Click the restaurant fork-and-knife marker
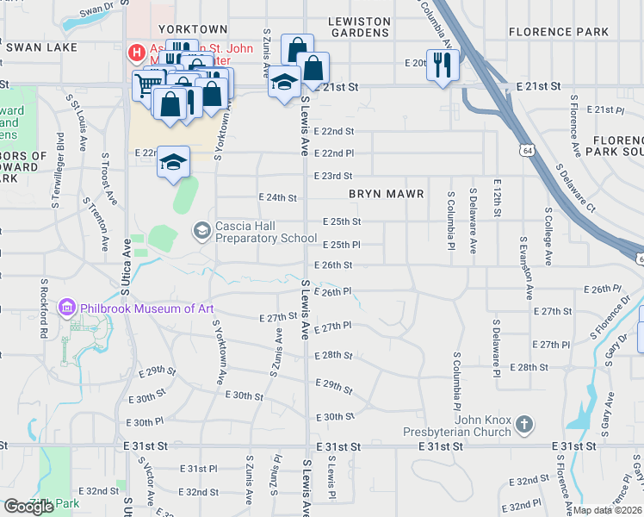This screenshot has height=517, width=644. (443, 65)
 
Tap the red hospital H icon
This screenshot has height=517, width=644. (136, 53)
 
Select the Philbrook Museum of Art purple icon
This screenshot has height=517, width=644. (67, 308)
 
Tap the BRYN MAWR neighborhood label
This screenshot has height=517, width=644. (387, 195)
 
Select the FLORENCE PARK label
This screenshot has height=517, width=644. (559, 32)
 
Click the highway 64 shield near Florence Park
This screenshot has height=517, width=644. (524, 151)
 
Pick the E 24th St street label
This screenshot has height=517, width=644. (277, 197)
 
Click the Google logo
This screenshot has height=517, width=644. (28, 506)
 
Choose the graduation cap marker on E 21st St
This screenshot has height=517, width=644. (283, 83)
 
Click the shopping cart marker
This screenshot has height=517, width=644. (147, 85)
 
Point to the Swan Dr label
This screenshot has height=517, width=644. (96, 12)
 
